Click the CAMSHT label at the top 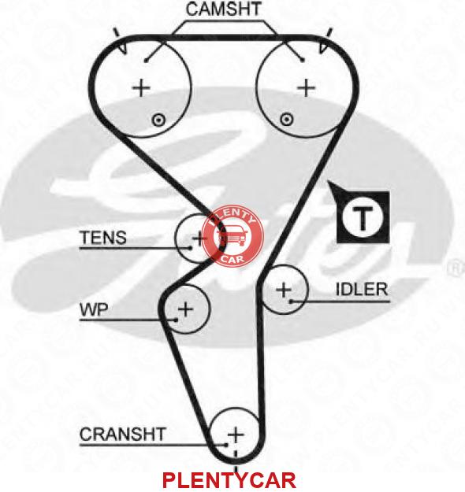223,9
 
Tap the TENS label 104,238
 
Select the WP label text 95,309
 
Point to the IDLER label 362,290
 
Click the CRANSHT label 122,435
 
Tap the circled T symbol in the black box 363,218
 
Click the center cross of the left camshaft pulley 141,87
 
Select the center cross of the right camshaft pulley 306,87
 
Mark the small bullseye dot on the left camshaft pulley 158,120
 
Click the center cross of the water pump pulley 186,309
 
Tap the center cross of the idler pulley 284,290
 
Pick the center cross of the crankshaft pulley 236,435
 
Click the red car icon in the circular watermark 232,237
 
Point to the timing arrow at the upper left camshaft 122,49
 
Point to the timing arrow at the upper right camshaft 323,48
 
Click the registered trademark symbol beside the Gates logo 456,268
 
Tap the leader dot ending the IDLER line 291,301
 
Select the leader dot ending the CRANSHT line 225,445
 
